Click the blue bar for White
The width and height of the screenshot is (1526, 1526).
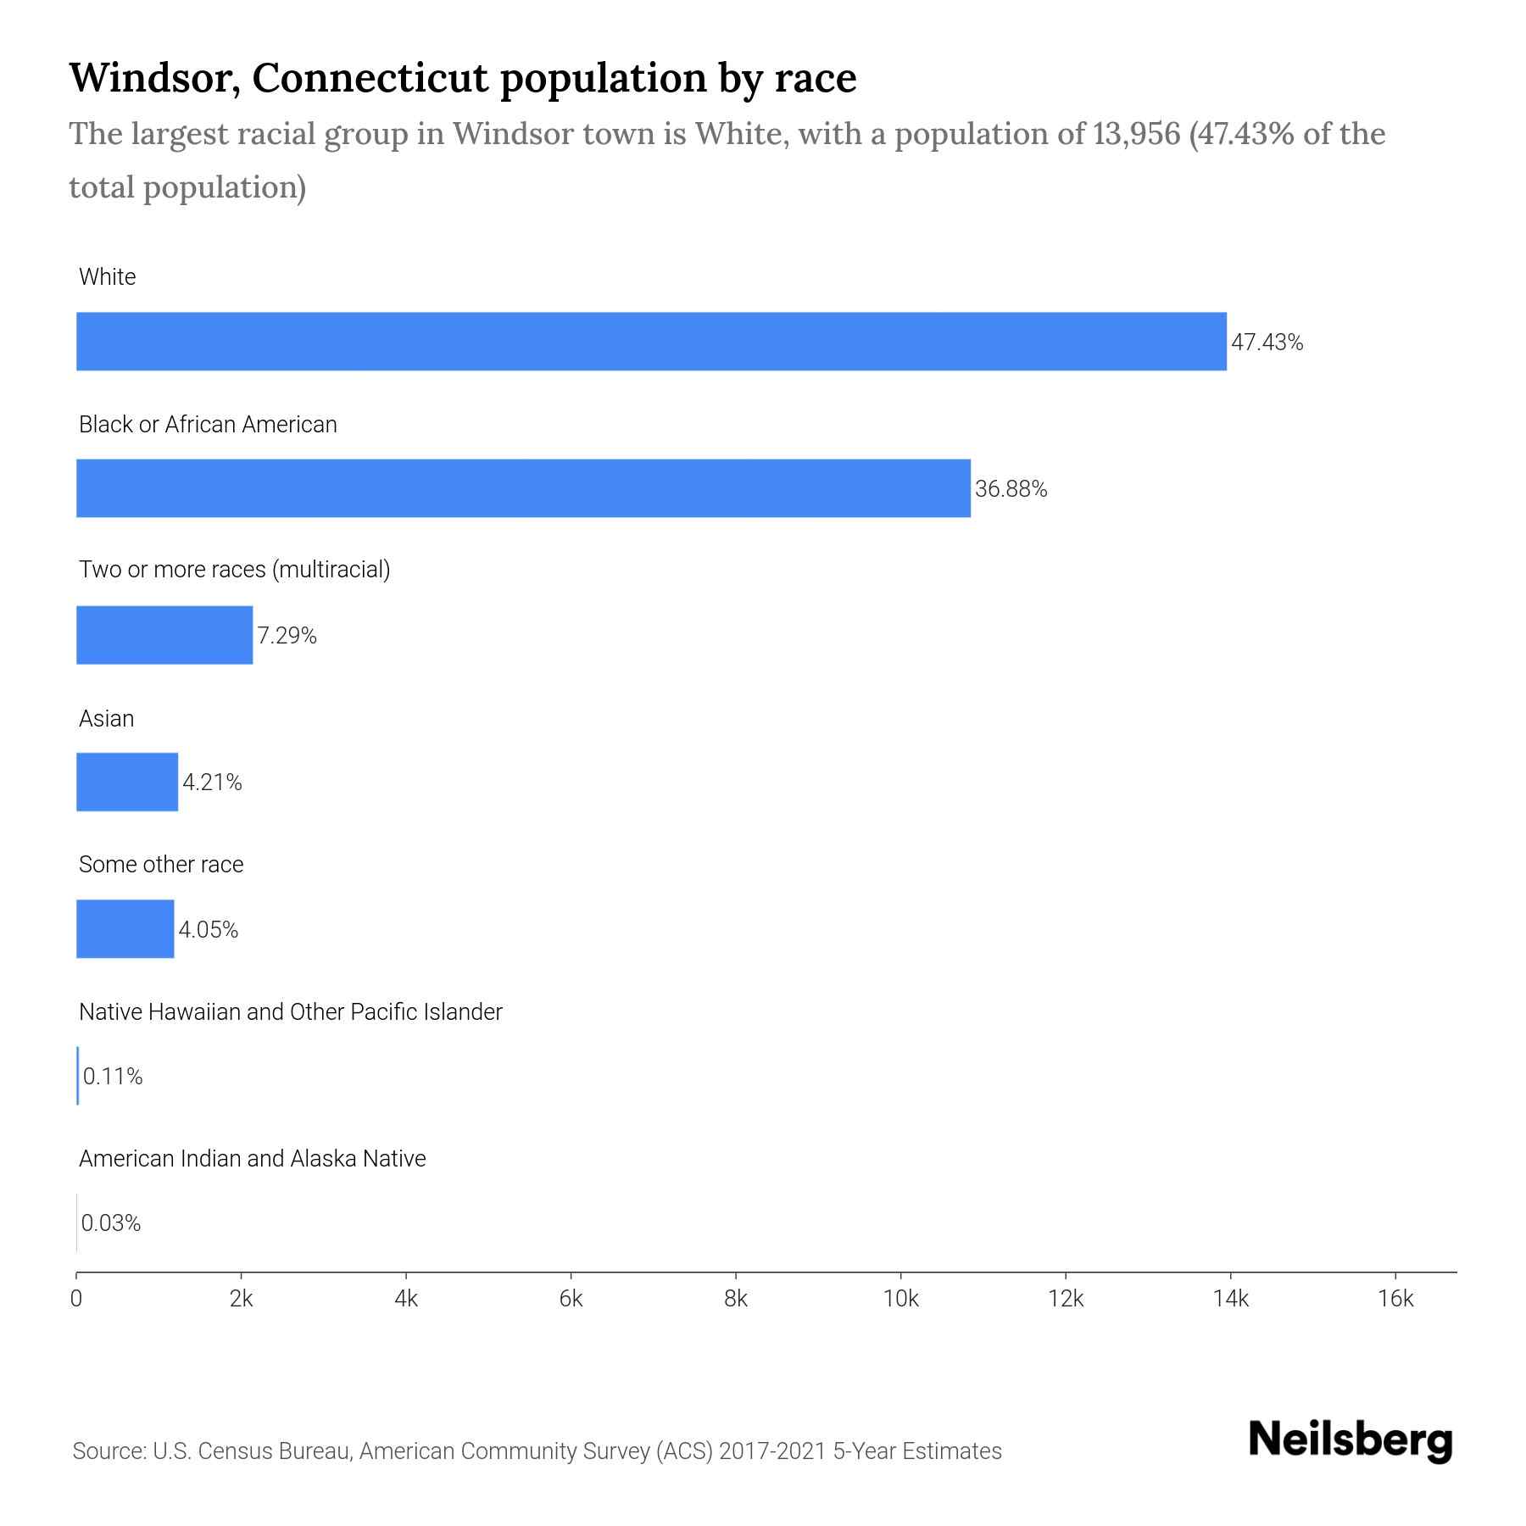[651, 342]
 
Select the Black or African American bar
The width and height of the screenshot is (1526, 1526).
[523, 488]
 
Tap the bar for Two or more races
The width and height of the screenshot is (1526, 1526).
[164, 635]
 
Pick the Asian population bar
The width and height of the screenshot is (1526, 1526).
[127, 782]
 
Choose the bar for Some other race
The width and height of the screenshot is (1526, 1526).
[125, 929]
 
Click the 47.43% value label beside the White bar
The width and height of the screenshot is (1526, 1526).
[1267, 343]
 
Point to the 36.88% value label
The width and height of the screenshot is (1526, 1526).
[1011, 489]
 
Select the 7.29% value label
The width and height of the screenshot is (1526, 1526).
[287, 636]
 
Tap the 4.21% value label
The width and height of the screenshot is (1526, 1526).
[212, 782]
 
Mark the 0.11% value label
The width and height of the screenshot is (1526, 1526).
[113, 1077]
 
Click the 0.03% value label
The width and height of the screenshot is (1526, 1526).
[111, 1223]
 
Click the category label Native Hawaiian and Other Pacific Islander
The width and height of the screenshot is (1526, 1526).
[291, 1012]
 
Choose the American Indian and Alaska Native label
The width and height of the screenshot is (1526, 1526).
[253, 1159]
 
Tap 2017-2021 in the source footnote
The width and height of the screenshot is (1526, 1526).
[772, 1451]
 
